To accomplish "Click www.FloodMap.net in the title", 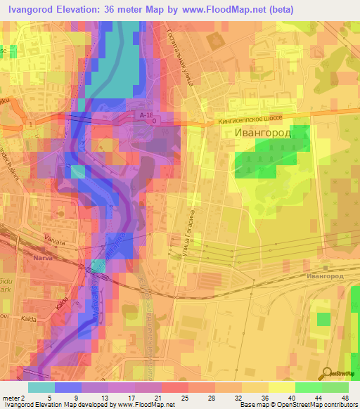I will [x=226, y=9].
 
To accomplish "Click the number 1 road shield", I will [x=32, y=124].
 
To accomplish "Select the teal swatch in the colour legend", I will [x=41, y=387].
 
